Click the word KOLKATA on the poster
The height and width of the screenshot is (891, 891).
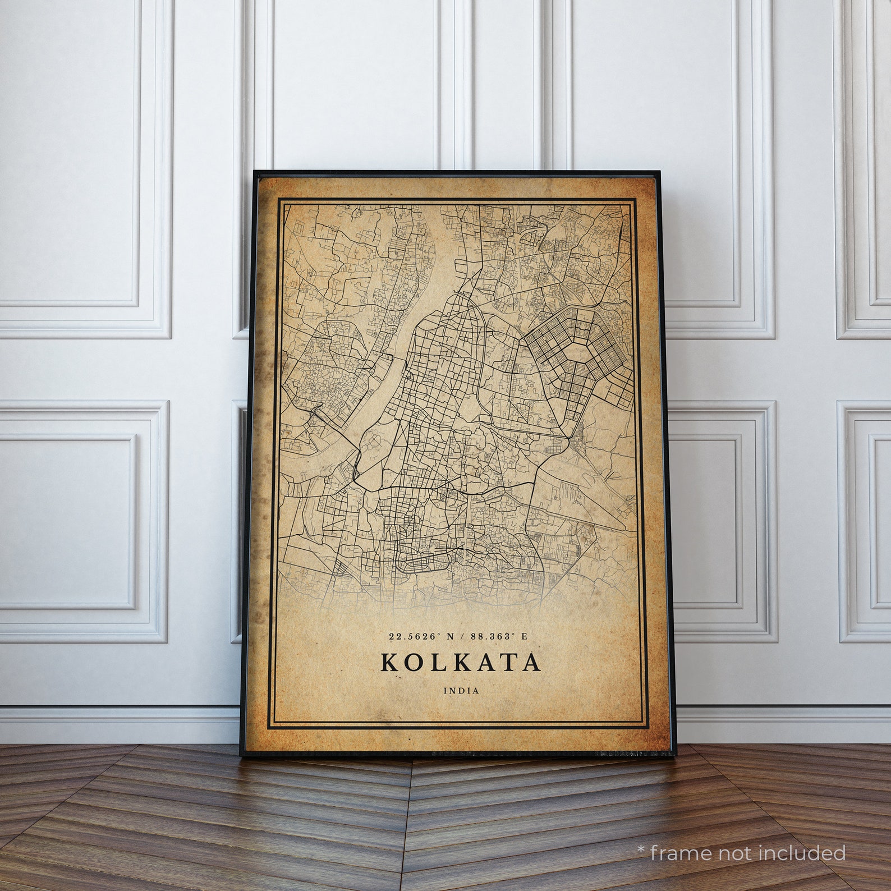[x=461, y=662]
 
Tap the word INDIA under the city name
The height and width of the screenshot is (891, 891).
[x=461, y=691]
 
